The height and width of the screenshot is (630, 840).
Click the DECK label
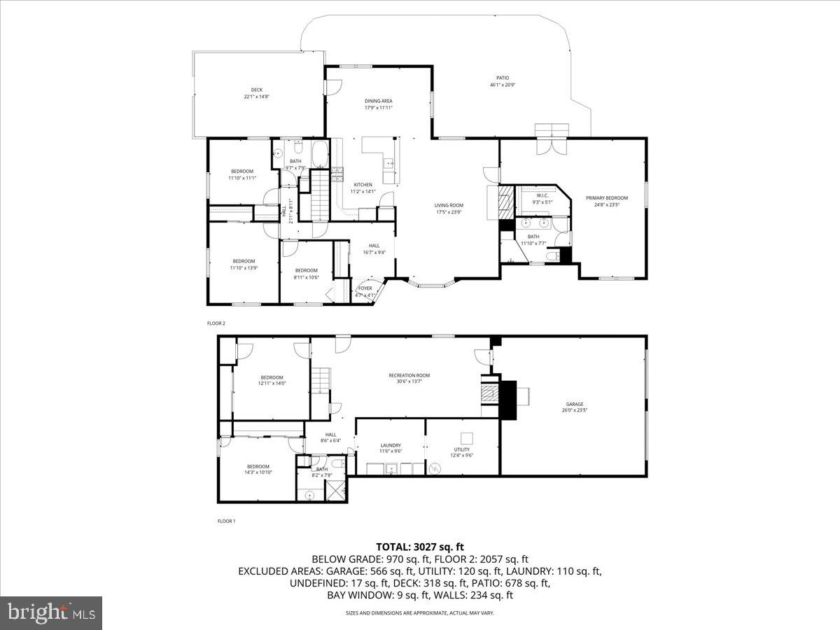pyautogui.click(x=257, y=90)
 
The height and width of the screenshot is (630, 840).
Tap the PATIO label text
pyautogui.click(x=503, y=78)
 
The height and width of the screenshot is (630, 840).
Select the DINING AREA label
pyautogui.click(x=378, y=101)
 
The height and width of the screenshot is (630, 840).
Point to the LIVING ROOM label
pyautogui.click(x=449, y=205)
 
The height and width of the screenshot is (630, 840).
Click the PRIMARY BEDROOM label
pyautogui.click(x=607, y=198)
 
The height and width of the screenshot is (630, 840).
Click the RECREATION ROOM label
pyautogui.click(x=409, y=375)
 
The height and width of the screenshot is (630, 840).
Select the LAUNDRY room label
pyautogui.click(x=391, y=445)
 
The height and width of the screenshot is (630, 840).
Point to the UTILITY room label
pyautogui.click(x=461, y=449)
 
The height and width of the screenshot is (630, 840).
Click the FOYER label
pyautogui.click(x=365, y=288)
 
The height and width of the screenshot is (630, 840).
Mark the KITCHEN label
pyautogui.click(x=363, y=185)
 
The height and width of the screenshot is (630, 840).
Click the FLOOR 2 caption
pyautogui.click(x=216, y=323)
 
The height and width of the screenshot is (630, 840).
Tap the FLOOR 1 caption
pyautogui.click(x=226, y=521)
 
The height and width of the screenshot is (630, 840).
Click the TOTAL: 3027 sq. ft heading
pyautogui.click(x=420, y=547)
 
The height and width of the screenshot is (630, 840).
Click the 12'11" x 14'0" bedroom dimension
pyautogui.click(x=272, y=384)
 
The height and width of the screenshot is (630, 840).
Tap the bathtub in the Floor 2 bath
pyautogui.click(x=318, y=154)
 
